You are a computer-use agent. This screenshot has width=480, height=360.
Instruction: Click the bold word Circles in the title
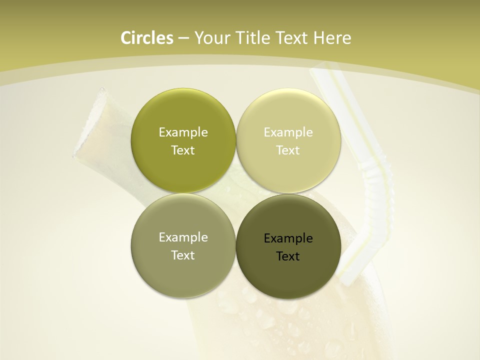click(147, 38)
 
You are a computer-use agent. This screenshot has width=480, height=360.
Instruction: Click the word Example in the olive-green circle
click(183, 132)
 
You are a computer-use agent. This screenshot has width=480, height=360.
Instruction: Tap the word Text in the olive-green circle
click(183, 150)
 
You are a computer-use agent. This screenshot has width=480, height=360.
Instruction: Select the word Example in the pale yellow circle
click(288, 132)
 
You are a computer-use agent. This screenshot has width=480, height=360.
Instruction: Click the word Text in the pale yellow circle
click(288, 150)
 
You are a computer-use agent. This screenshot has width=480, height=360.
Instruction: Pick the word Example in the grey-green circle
click(183, 237)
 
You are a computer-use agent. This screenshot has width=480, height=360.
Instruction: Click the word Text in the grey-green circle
click(183, 255)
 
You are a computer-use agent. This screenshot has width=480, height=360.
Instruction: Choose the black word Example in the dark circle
click(288, 238)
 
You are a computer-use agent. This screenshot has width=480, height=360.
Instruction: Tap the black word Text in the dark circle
click(288, 256)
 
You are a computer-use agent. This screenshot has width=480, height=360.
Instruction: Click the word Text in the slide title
click(291, 38)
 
